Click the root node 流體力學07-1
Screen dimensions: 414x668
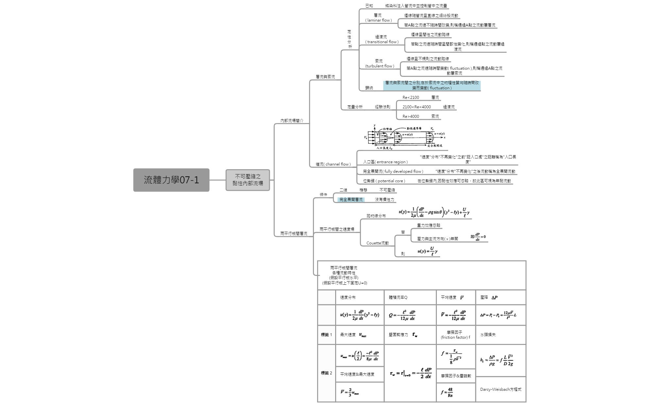171,180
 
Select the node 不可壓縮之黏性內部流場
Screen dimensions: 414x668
248,180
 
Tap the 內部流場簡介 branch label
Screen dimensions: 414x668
292,121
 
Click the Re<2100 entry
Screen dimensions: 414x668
411,98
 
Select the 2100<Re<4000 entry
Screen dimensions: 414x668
417,107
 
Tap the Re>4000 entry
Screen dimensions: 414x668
411,117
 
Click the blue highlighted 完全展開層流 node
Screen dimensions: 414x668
351,200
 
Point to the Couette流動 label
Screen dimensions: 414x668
377,243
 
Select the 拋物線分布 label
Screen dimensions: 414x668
376,216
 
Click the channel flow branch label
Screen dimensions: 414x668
333,164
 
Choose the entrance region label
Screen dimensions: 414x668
385,162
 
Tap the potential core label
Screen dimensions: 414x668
384,181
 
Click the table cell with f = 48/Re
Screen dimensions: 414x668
455,392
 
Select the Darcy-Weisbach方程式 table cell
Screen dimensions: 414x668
501,389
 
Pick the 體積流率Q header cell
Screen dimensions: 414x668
398,297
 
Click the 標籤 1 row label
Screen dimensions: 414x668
326,335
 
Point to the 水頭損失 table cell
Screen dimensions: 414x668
488,335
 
